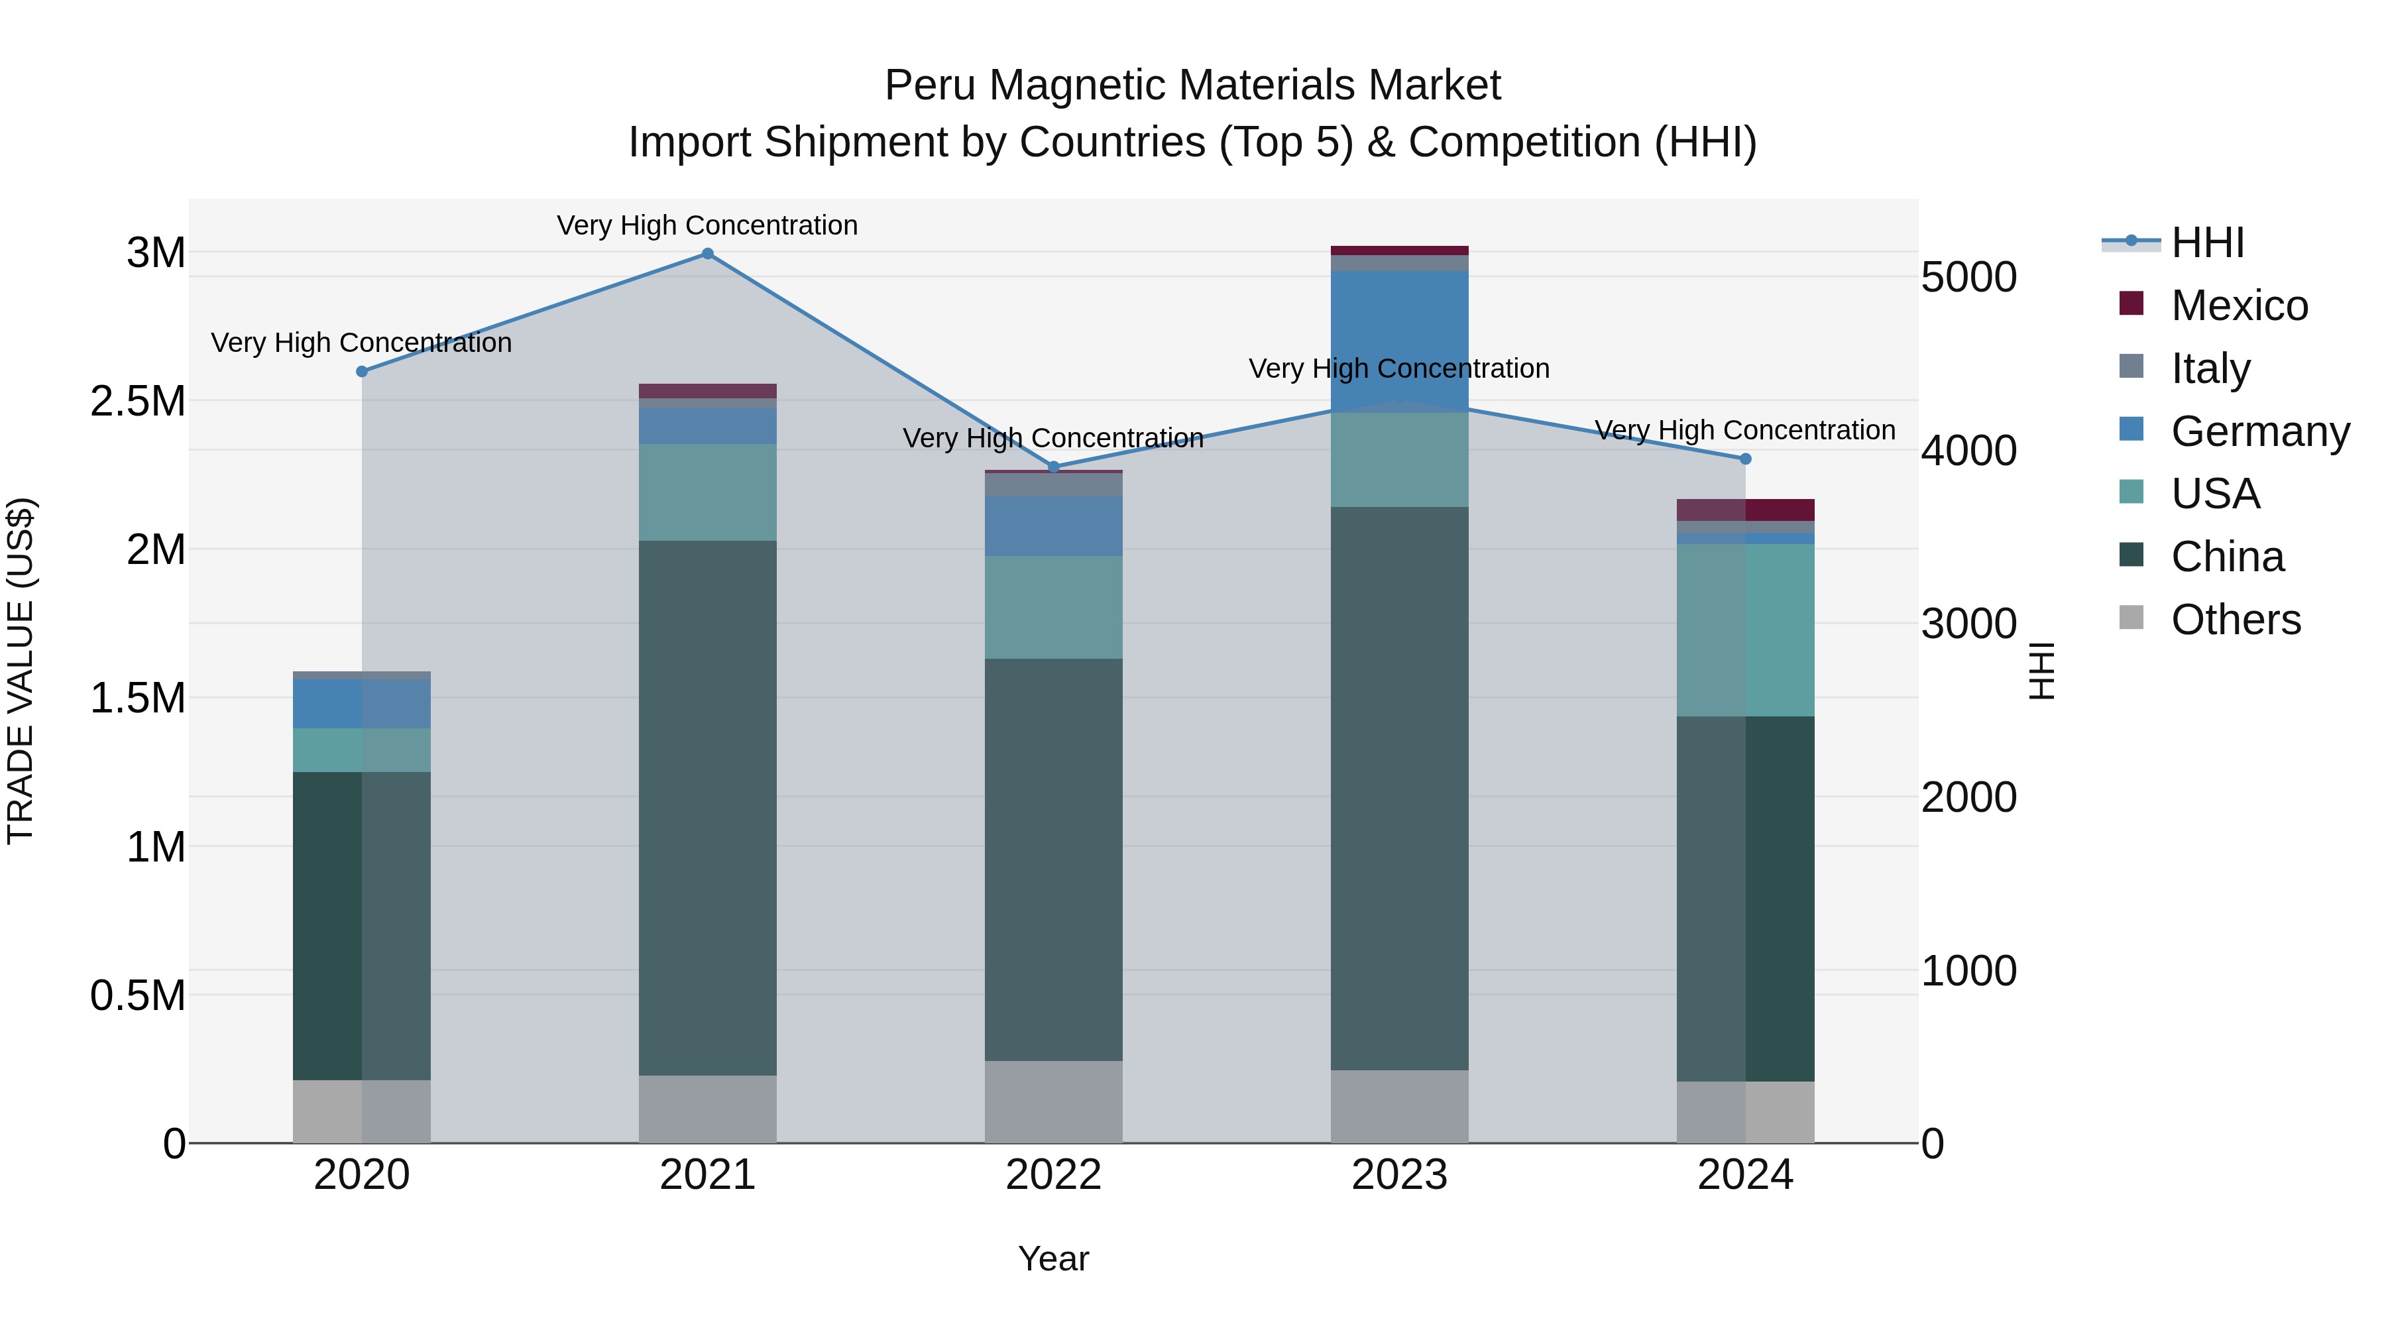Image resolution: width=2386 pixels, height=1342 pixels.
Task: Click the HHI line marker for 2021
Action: click(708, 254)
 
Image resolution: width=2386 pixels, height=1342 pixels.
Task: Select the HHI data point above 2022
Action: click(1053, 467)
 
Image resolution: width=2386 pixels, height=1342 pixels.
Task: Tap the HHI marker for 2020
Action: click(362, 371)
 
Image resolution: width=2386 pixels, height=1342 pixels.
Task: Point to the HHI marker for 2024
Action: click(1745, 459)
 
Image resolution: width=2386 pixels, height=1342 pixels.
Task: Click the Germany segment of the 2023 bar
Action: click(1400, 341)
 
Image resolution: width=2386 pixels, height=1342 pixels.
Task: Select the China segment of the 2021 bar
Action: click(708, 806)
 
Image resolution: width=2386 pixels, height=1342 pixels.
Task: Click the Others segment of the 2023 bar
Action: click(1400, 1106)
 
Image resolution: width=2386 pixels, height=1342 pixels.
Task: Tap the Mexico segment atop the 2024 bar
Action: click(1745, 510)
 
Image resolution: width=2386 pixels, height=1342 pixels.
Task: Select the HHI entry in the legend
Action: click(2207, 243)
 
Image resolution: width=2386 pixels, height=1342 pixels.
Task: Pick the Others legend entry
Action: click(2234, 620)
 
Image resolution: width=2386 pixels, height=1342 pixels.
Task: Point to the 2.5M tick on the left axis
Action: click(138, 401)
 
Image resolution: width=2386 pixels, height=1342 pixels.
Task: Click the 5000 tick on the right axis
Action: click(1968, 277)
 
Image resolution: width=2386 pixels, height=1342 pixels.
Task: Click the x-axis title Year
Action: click(1053, 1258)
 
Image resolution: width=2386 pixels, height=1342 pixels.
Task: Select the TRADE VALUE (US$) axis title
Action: click(21, 671)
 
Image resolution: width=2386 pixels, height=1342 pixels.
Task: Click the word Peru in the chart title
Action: click(930, 85)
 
